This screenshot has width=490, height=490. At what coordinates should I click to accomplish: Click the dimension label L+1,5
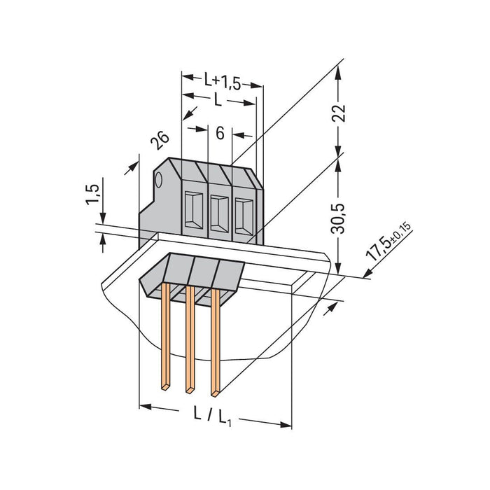pyautogui.click(x=222, y=83)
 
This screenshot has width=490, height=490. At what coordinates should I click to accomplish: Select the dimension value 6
pyautogui.click(x=220, y=133)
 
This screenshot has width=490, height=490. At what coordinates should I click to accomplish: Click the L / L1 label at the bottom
pyautogui.click(x=215, y=414)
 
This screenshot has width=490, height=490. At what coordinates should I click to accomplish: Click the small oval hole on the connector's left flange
pyautogui.click(x=159, y=181)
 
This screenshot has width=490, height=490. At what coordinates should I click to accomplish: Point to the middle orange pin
pyautogui.click(x=190, y=336)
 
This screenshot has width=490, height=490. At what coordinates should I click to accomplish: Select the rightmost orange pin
pyautogui.click(x=216, y=336)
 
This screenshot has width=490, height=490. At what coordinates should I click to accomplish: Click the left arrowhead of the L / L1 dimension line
pyautogui.click(x=143, y=405)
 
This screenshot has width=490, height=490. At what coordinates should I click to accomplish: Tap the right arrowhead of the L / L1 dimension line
pyautogui.click(x=288, y=423)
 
